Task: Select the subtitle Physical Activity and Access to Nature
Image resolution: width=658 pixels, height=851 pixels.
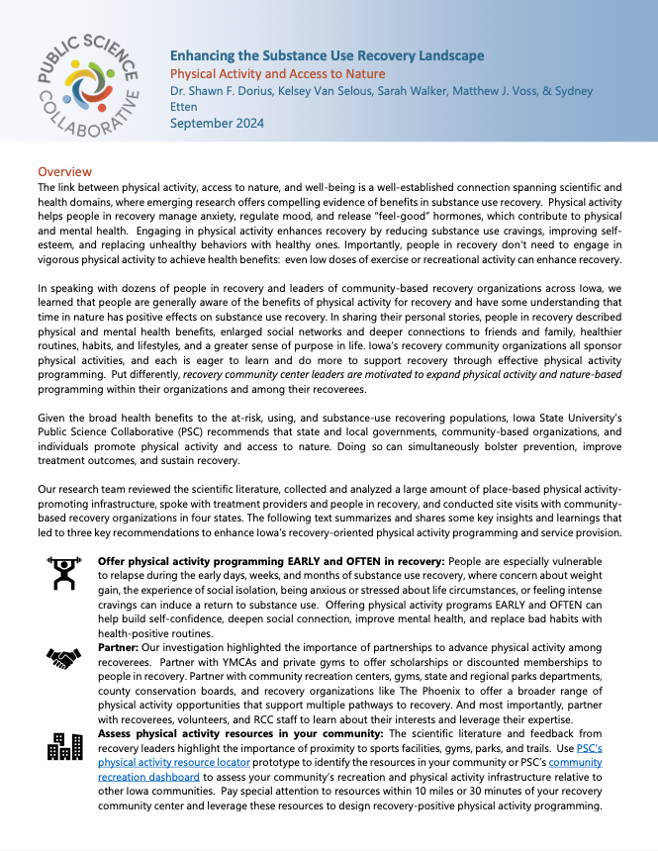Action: click(277, 73)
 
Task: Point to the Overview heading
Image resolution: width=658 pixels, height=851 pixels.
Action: click(64, 172)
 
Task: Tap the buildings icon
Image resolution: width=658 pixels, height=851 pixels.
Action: click(65, 746)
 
